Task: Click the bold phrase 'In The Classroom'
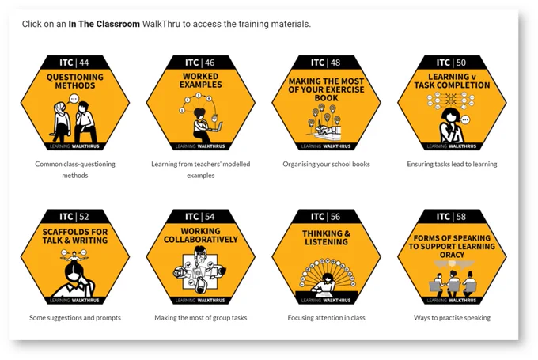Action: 104,24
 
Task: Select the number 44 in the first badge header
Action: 84,63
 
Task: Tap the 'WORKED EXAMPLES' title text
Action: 201,80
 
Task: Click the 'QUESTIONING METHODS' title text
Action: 75,81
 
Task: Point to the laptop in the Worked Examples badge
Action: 216,127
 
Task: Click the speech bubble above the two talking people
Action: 74,99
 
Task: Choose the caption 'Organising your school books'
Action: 326,164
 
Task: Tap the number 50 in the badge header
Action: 460,63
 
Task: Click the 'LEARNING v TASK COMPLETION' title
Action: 452,81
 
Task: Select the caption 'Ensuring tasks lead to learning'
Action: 452,164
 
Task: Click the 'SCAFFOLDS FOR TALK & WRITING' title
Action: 75,236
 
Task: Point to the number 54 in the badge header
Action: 210,217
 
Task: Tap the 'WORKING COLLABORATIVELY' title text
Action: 201,235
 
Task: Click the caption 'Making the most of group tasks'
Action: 201,318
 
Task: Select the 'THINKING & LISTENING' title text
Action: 326,237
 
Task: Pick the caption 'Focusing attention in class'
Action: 326,318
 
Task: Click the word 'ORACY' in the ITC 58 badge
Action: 452,255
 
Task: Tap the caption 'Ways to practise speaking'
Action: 452,318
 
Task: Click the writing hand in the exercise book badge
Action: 324,131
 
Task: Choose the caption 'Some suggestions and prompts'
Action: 75,318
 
